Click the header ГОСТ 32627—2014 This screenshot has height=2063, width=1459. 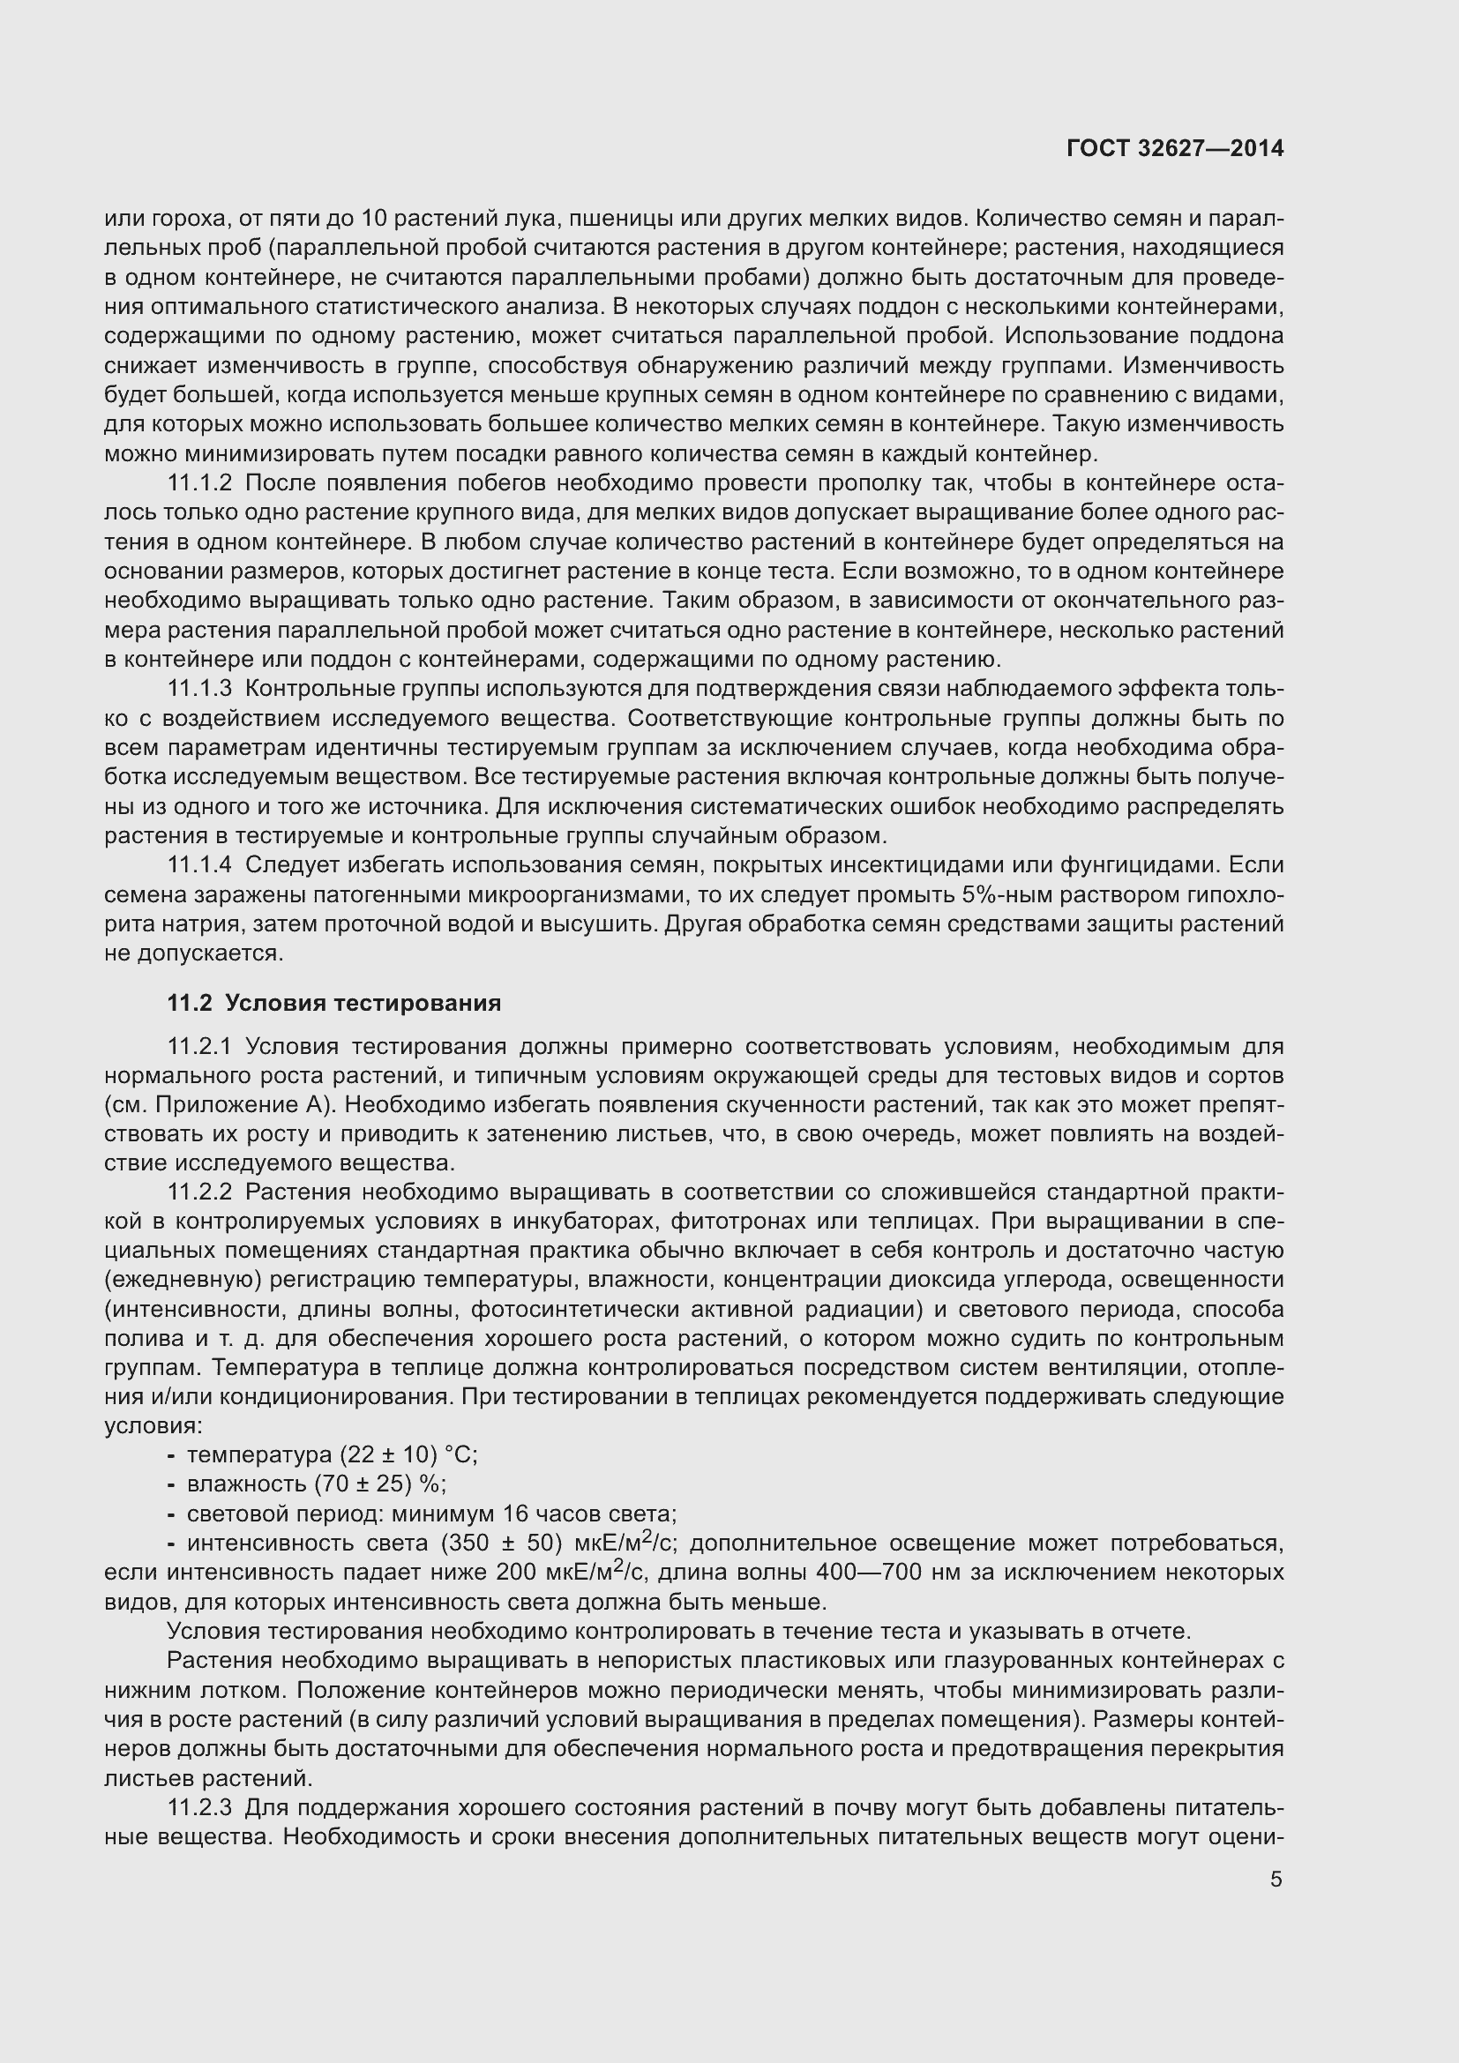click(x=1174, y=149)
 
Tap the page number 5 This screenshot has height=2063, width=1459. click(x=1276, y=1880)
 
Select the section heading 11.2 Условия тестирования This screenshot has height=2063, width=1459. click(x=334, y=1003)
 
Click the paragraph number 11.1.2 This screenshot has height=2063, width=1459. click(x=199, y=483)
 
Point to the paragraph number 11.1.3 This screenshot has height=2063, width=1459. click(x=199, y=689)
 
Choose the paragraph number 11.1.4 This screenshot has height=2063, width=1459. click(x=199, y=865)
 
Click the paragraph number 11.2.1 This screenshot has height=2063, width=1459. click(x=199, y=1047)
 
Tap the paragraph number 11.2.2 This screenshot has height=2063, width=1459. click(x=199, y=1192)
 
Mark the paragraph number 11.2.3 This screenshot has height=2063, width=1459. click(x=199, y=1807)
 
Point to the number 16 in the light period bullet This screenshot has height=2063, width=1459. click(x=515, y=1514)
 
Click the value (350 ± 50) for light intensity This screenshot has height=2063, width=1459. click(x=501, y=1544)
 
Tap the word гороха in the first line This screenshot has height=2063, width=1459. click(x=189, y=219)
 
